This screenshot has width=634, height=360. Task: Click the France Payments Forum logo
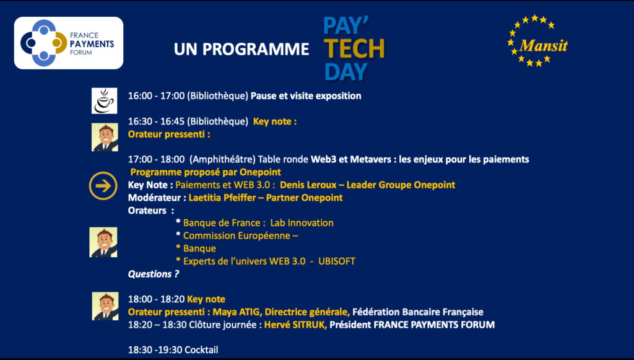(x=69, y=43)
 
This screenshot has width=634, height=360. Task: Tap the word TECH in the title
(x=355, y=49)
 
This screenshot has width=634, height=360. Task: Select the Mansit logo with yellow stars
(x=537, y=40)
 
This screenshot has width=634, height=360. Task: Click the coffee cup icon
(x=104, y=101)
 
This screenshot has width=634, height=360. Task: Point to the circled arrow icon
(x=103, y=186)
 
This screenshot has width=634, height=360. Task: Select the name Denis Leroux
(x=308, y=185)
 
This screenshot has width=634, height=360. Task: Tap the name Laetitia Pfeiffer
(x=222, y=198)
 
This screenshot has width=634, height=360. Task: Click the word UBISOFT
(x=337, y=261)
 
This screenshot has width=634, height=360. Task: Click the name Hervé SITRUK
(x=295, y=325)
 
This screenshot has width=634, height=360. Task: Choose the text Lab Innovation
(x=302, y=223)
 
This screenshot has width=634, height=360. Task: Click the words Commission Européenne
(x=237, y=236)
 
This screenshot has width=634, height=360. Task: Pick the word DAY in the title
(x=346, y=72)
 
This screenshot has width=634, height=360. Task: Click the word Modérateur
(x=154, y=198)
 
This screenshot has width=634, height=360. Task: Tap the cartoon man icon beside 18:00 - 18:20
(x=105, y=306)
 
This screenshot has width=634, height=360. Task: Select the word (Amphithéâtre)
(x=222, y=159)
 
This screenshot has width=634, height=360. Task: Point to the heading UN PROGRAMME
(x=241, y=49)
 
